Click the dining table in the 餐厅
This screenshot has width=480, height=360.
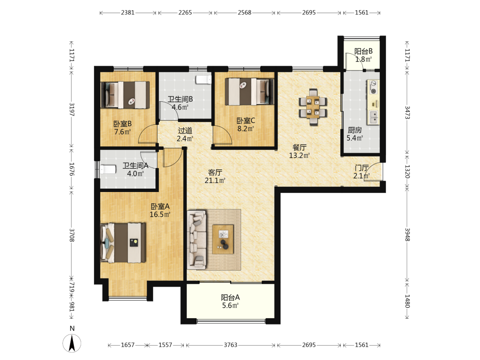coord(313,107)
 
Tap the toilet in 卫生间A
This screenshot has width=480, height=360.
coord(108,169)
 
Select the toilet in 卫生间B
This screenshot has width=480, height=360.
coord(204,80)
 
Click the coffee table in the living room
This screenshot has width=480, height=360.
coord(223,239)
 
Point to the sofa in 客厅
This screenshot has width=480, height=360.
coord(197,240)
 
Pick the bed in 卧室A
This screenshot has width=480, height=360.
coord(123,243)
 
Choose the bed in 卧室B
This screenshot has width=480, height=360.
coord(125,95)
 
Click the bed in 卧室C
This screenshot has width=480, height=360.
coord(250,92)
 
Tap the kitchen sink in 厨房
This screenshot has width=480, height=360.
coord(373,117)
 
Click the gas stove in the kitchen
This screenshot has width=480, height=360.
coord(373,87)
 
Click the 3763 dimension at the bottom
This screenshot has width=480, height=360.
coord(230,345)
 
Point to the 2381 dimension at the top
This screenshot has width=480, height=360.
coord(128,12)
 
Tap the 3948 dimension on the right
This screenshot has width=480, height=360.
coord(407,235)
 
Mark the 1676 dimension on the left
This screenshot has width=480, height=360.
coord(72,169)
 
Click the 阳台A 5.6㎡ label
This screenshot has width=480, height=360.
coord(230,301)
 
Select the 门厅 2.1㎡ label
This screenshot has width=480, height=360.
coord(361,172)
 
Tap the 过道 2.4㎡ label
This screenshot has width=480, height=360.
coord(185,134)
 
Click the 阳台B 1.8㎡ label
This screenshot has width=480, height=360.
coord(363,55)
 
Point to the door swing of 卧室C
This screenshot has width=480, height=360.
coord(223,135)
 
